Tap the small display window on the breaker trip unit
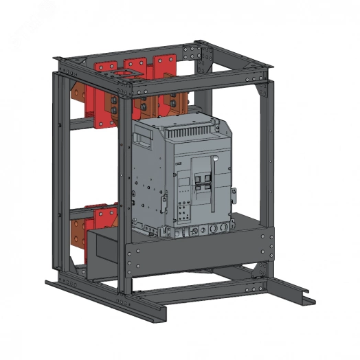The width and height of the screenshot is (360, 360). coord(184,181)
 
